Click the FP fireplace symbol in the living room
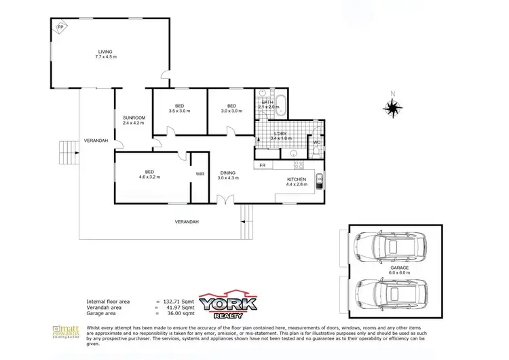pos(61,27)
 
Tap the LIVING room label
pos(105,54)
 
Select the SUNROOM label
pos(134,120)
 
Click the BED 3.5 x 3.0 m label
pos(179,108)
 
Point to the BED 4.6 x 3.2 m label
pos(149,175)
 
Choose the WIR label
pos(200,174)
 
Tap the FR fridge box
pos(263,165)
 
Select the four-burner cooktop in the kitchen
pos(297,165)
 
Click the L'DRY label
pos(280,135)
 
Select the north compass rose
pos(392,107)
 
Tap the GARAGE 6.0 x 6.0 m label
pos(399,270)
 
